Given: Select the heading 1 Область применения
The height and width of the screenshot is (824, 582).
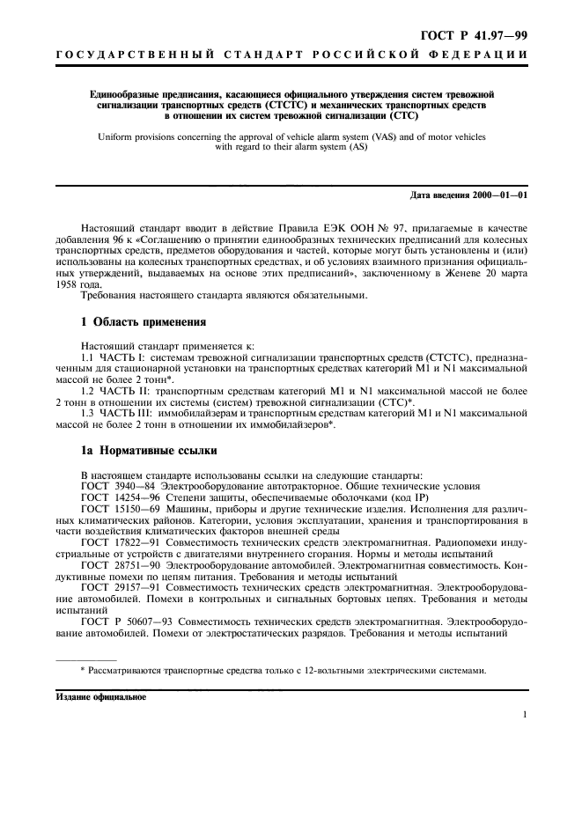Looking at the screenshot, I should (143, 321).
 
